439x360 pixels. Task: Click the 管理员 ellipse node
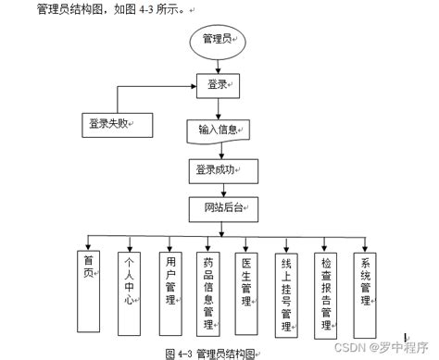click(x=218, y=40)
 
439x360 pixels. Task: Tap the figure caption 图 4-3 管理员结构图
click(x=209, y=353)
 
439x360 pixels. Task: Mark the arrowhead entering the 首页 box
click(x=89, y=244)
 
